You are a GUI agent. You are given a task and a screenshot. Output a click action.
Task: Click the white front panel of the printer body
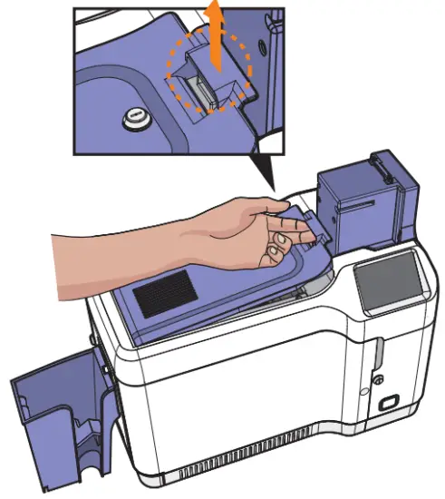(245, 408)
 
